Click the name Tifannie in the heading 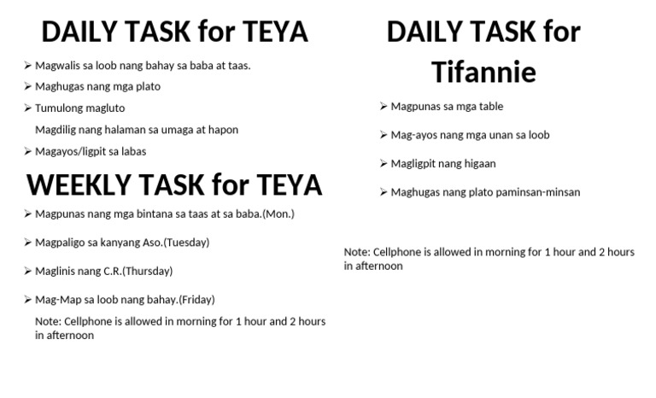pos(483,72)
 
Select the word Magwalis pos(59,65)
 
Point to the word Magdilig pos(58,130)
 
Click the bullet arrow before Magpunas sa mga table pos(384,107)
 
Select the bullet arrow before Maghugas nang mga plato pos(28,86)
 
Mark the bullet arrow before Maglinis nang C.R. pos(28,271)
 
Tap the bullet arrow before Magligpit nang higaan pos(384,163)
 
